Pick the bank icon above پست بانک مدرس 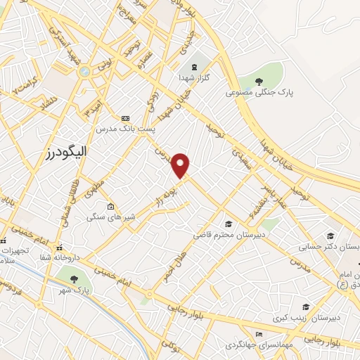coord(126,117)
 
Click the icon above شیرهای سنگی coord(110,206)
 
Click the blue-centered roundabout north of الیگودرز coord(84,71)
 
